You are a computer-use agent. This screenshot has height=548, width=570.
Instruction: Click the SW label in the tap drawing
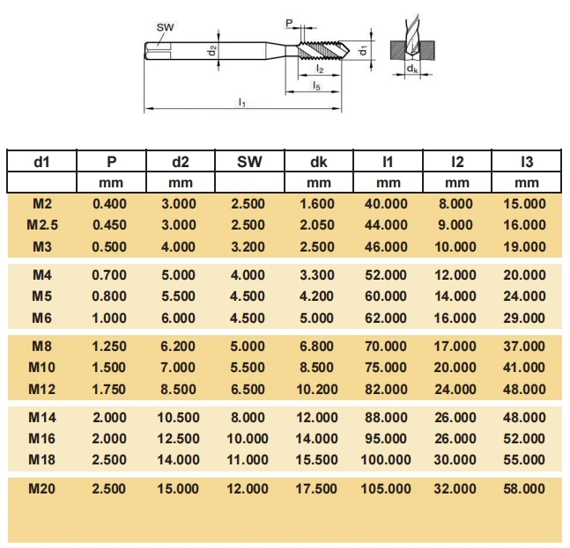pos(165,27)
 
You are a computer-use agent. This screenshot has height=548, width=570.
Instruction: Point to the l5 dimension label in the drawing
pos(316,84)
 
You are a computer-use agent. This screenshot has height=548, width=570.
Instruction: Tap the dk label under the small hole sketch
pos(412,69)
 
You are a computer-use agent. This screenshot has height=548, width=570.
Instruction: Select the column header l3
pos(526,161)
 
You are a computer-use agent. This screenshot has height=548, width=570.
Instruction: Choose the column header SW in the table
pos(249,161)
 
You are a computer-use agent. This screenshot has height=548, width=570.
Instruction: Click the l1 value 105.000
pos(388,488)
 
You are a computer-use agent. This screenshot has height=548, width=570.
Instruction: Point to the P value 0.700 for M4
pos(110,275)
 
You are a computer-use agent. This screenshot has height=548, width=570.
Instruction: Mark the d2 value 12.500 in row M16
pos(180,438)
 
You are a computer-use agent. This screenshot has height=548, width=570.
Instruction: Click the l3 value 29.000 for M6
pos(526,318)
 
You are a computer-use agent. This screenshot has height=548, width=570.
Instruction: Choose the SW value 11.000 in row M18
pos(249,459)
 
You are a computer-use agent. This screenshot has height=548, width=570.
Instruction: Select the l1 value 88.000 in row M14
pos(388,417)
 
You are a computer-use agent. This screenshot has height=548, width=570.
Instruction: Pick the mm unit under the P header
pos(111,183)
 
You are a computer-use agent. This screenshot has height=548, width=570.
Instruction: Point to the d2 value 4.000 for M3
pos(180,246)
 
